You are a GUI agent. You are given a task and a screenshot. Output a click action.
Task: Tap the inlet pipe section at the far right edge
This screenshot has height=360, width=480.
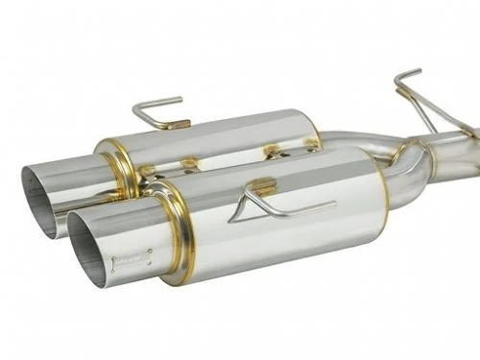pos(461,154)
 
